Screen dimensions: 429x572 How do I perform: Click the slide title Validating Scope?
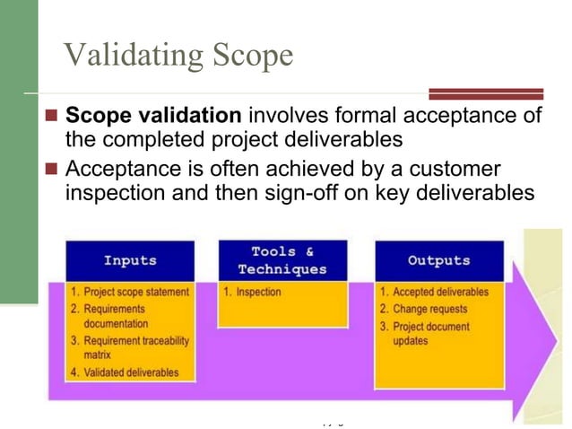click(x=178, y=56)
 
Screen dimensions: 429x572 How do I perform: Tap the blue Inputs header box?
click(x=130, y=261)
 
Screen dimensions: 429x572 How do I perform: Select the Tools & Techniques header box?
click(x=282, y=260)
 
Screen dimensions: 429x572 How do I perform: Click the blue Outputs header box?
click(x=438, y=261)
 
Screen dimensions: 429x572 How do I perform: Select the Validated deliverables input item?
click(x=131, y=372)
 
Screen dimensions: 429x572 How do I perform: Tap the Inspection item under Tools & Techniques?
click(x=258, y=293)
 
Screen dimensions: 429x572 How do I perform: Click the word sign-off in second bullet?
click(x=296, y=192)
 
